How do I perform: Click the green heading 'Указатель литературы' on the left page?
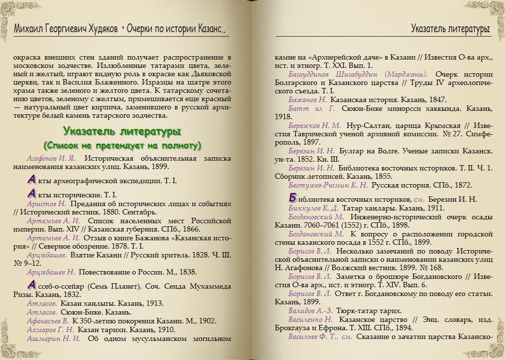pyautogui.click(x=122, y=132)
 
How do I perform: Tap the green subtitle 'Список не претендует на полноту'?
pyautogui.click(x=122, y=146)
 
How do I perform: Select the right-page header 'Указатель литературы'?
pyautogui.click(x=450, y=29)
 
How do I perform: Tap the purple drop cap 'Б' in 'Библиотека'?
pyautogui.click(x=292, y=198)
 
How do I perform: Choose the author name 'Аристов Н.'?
pyautogui.click(x=46, y=203)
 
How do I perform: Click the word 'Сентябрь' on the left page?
pyautogui.click(x=141, y=212)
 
